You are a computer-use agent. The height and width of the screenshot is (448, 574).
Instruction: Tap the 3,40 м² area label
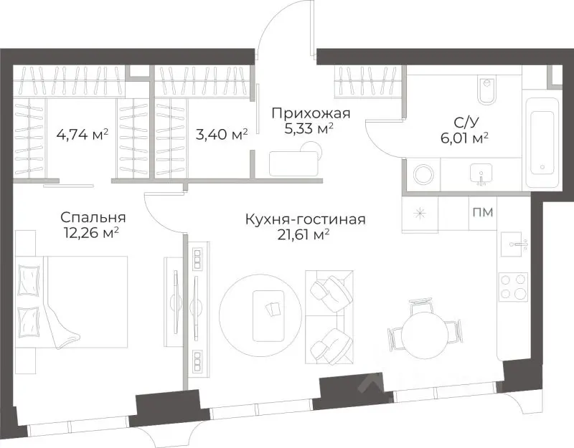222,134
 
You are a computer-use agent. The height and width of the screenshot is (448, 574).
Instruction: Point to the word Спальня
93,217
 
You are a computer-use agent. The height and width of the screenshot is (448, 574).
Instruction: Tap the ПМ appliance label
481,211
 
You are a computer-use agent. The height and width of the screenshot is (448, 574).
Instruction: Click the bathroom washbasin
480,173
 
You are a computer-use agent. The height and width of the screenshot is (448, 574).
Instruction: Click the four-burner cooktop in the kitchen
513,287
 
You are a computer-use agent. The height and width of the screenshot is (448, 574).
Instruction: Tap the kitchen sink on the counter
514,244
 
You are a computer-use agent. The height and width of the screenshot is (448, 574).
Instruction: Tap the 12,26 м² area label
90,232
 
